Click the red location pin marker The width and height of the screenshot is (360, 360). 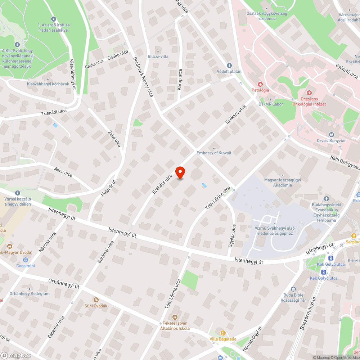[180, 172]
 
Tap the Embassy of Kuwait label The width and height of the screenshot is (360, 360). [214, 153]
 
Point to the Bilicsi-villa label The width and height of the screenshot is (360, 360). [158, 57]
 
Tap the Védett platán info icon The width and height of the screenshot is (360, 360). [229, 65]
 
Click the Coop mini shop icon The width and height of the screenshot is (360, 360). [26, 260]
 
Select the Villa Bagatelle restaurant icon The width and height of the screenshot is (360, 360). [223, 333]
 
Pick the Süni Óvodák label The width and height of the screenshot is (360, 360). [96, 306]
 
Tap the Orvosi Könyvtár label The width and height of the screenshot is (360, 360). [331, 140]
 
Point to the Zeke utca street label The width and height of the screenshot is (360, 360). [114, 139]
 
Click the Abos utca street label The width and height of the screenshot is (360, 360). [63, 172]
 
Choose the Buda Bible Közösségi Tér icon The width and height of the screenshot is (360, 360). [293, 289]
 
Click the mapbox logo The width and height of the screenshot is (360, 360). [16, 355]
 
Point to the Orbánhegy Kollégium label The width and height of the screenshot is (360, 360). [30, 294]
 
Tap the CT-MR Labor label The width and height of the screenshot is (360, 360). [271, 104]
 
